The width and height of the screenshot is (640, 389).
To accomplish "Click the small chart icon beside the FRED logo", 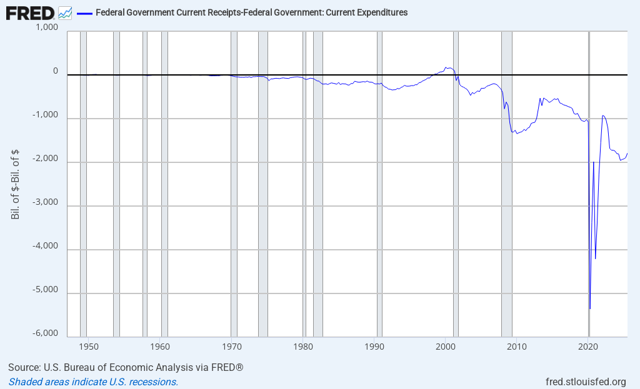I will point(65,12).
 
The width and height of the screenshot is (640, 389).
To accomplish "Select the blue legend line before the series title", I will point(84,12).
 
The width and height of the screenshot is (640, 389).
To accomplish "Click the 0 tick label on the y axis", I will point(56,72).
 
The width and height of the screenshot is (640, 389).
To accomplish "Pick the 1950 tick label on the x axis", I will point(89,346).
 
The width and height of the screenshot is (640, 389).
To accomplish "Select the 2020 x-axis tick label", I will point(588,346).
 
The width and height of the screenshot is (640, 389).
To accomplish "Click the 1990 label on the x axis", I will point(374,346).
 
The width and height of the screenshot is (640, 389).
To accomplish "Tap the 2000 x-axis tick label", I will point(446,346).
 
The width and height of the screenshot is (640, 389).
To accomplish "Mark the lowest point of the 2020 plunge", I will point(590,308).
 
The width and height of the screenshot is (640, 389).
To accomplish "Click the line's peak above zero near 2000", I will point(446,67).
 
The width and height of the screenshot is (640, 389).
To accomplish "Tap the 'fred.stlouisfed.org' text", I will point(586,382).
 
